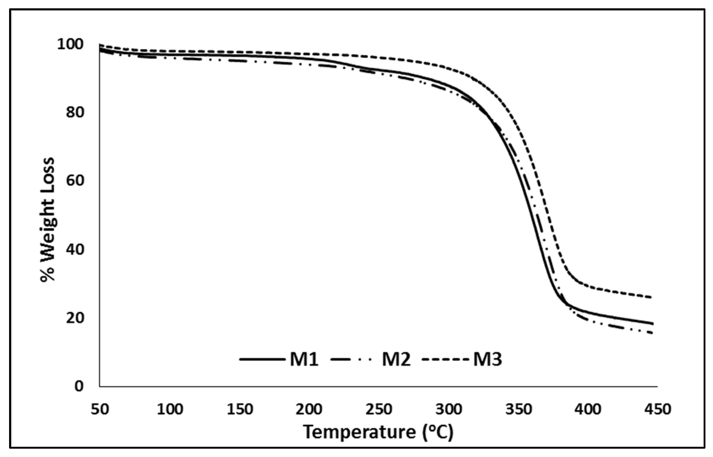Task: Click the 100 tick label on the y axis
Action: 70,44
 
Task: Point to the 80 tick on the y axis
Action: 75,113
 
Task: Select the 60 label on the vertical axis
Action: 75,181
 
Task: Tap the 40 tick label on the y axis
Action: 75,250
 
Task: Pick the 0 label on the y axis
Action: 79,386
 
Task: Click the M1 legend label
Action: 304,360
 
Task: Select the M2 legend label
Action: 396,360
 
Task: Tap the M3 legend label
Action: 487,360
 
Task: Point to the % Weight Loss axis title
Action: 47,220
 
